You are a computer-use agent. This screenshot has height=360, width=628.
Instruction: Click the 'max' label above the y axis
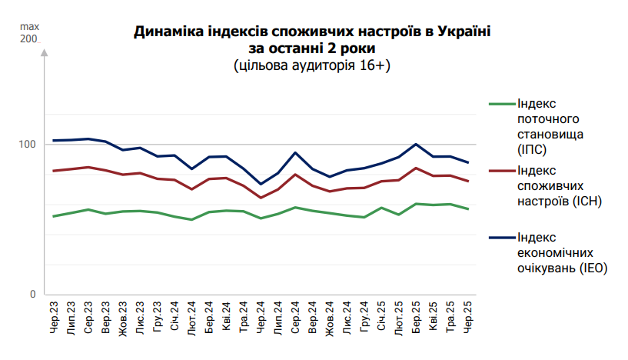tap(28, 26)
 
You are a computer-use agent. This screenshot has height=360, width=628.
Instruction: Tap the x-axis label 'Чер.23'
tap(54, 318)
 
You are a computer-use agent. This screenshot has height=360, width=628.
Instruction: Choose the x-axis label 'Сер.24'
tap(295, 318)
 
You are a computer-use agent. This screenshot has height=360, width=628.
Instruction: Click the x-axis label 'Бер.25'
tap(417, 318)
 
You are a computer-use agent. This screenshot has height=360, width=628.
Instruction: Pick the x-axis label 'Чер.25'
tap(469, 318)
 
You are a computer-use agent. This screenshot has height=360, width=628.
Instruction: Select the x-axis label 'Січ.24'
tap(174, 318)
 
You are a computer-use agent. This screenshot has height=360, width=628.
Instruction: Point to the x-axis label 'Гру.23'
tap(158, 318)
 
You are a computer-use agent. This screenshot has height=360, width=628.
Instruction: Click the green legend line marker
tap(502, 103)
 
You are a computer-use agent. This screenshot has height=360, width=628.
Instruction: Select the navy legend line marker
tap(502, 237)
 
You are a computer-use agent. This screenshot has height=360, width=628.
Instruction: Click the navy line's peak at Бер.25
tap(417, 144)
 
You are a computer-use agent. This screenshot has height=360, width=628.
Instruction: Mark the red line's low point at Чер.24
tap(261, 198)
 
